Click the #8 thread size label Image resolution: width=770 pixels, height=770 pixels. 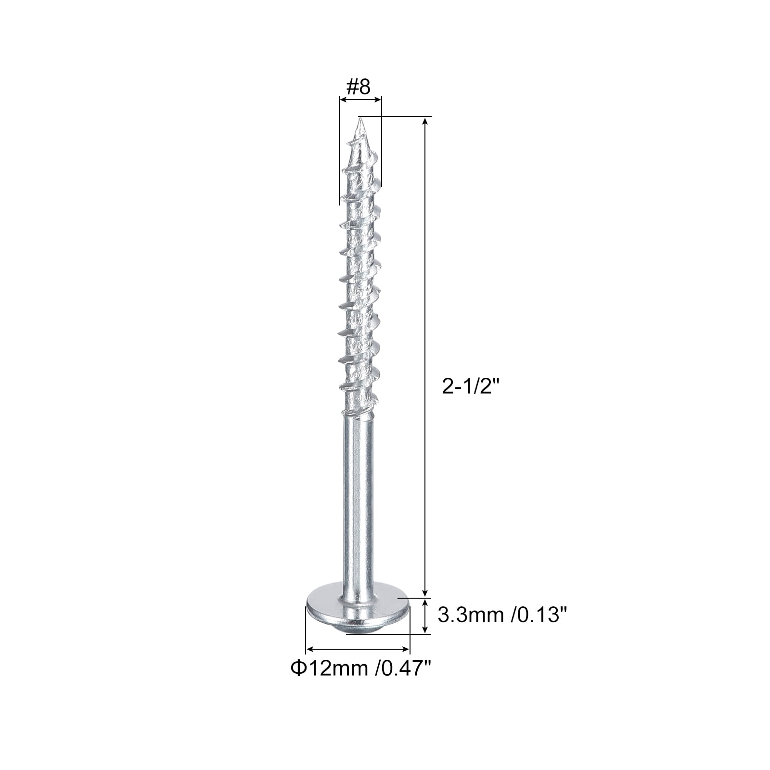pyautogui.click(x=359, y=87)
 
